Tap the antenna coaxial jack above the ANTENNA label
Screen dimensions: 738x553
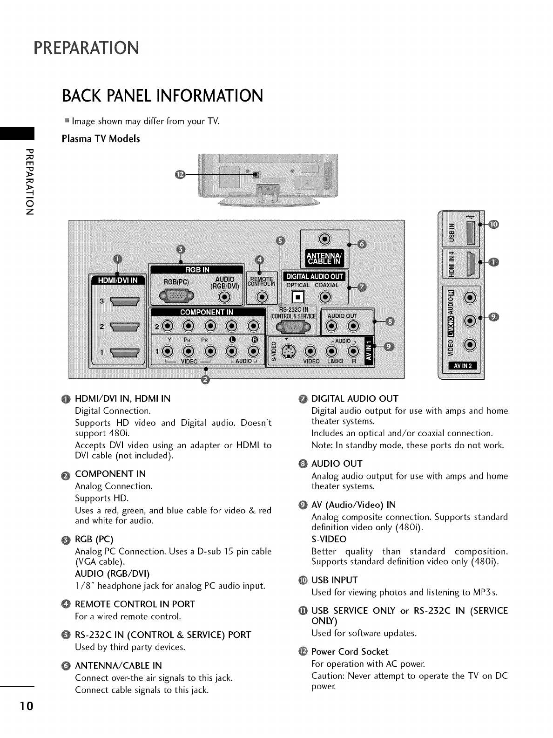click(324, 239)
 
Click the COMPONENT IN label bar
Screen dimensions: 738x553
click(207, 312)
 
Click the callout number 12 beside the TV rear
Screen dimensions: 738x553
click(180, 175)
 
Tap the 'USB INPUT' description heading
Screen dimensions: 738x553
click(334, 580)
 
